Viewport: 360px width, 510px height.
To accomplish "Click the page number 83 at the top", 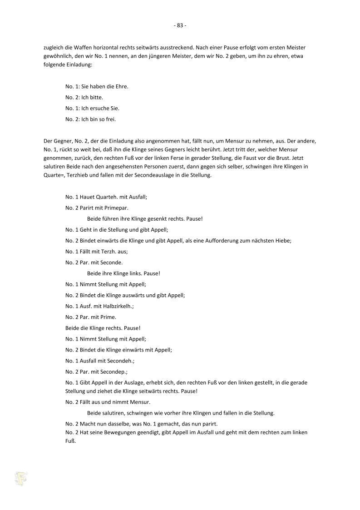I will [180, 25].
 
